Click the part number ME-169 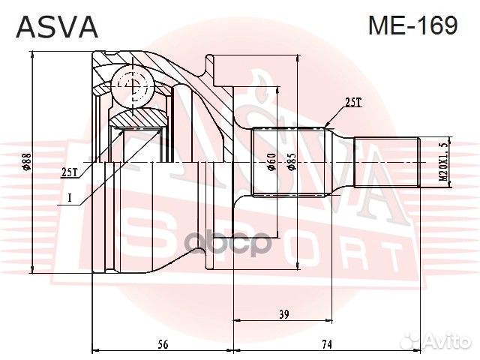click(x=412, y=26)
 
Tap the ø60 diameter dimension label click(x=272, y=162)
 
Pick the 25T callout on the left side click(x=69, y=172)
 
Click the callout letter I click(x=69, y=198)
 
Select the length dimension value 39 click(x=283, y=316)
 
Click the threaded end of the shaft click(x=385, y=163)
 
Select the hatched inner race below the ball click(x=139, y=118)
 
